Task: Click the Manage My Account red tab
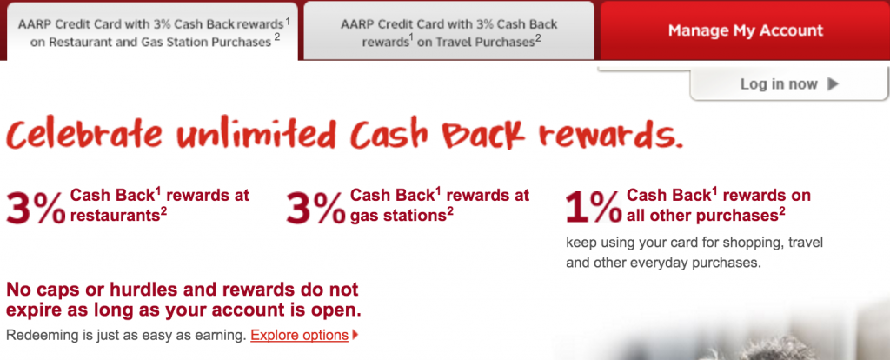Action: pos(745,30)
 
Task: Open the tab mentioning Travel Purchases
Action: pos(449,31)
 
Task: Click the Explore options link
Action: pos(299,335)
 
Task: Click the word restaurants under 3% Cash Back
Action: pos(112,214)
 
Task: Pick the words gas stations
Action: pos(398,214)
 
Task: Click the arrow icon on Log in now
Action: pos(833,84)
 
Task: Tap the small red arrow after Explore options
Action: pos(355,335)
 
